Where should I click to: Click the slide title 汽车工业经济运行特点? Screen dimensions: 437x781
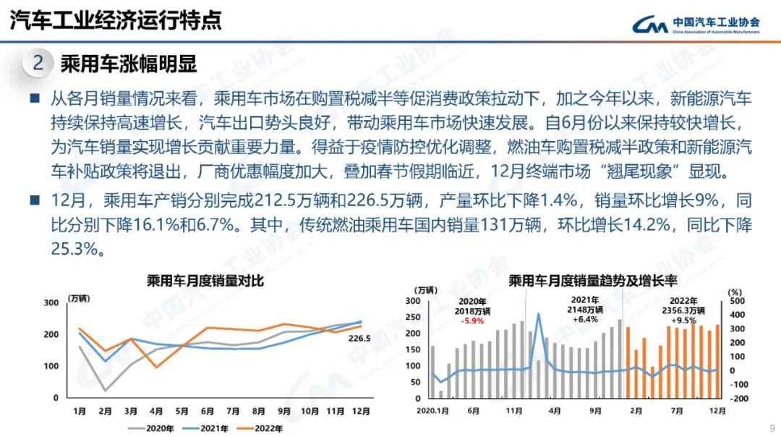[x=116, y=20]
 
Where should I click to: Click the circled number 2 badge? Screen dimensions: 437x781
[x=38, y=64]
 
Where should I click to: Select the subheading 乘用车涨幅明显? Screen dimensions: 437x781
[x=129, y=64]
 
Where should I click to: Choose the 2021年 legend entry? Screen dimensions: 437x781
[x=214, y=428]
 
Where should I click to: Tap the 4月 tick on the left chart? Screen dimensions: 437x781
[x=157, y=411]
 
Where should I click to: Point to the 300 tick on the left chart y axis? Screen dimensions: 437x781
[x=51, y=302]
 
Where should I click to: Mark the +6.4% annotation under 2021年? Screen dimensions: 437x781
[x=584, y=319]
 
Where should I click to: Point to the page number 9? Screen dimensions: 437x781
[x=772, y=427]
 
